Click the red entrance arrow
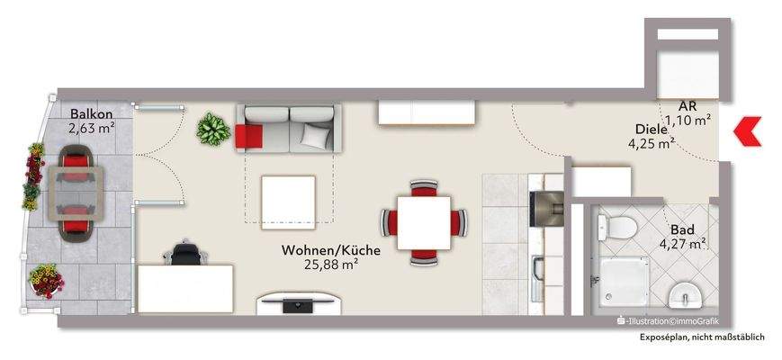pos(746,133)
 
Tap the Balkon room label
pos(91,113)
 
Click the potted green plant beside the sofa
pos(213,129)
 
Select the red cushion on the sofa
pos(248,135)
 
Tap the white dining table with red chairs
pos(422,220)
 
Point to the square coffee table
pos(287,201)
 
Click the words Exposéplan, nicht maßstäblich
pos(702,337)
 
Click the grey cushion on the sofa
pos(314,135)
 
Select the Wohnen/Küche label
pos(331,249)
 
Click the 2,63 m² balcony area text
pos(91,127)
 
